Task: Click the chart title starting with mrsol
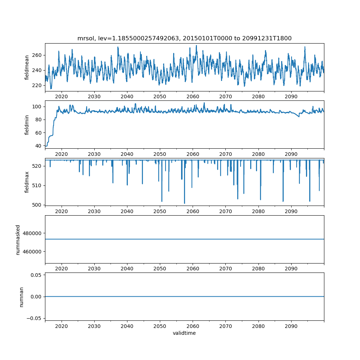coord(184,38)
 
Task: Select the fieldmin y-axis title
coord(27,125)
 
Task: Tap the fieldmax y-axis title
coord(27,182)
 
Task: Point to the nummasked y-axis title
coord(18,239)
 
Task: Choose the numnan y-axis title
coord(21,297)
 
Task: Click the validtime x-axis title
coord(184,333)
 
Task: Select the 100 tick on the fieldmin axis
coord(38,107)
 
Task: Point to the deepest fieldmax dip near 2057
coord(185,203)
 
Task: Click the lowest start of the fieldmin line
coord(46,146)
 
